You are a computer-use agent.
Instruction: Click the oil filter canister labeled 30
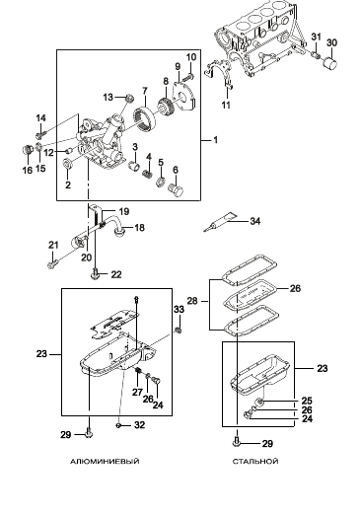tap(330, 63)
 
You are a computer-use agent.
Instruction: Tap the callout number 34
tap(255, 221)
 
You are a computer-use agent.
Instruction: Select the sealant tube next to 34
tap(221, 221)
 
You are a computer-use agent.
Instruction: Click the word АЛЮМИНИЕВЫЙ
tap(105, 462)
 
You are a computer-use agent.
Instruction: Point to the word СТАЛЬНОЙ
tap(255, 462)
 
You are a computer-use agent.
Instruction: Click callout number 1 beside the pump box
tap(216, 140)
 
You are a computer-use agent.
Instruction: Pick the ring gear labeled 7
tap(144, 119)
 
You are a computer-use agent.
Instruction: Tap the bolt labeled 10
tap(187, 78)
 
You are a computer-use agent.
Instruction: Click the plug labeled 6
tap(176, 189)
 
